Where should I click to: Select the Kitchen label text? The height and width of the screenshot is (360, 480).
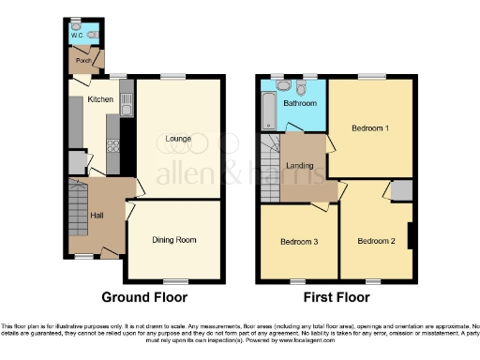click(100, 99)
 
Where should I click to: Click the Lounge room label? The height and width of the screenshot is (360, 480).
click(178, 140)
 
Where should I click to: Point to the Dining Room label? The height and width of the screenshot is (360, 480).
click(174, 240)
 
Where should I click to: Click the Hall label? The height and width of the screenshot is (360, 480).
click(96, 217)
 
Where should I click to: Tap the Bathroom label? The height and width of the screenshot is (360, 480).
click(300, 103)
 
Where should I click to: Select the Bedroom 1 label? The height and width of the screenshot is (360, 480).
click(370, 128)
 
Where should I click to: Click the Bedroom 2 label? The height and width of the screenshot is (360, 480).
click(375, 241)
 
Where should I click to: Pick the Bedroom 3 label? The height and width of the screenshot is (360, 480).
click(299, 242)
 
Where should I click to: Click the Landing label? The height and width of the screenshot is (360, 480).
click(300, 166)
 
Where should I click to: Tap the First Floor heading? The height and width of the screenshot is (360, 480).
click(335, 298)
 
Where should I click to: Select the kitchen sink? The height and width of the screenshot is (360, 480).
click(127, 95)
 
